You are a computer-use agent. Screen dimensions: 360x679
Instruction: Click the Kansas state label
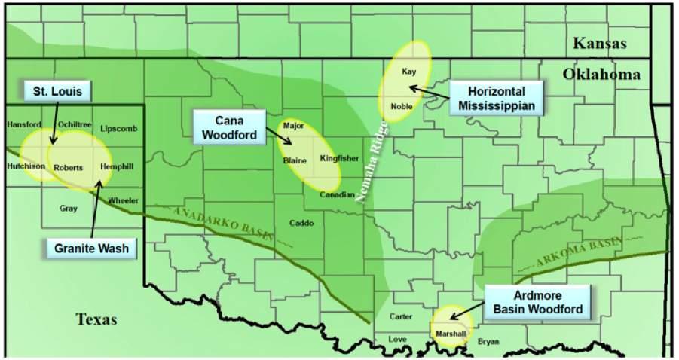tap(600, 44)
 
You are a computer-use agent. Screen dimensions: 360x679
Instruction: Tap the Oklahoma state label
tap(601, 75)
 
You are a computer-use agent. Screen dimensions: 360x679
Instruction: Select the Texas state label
tap(96, 320)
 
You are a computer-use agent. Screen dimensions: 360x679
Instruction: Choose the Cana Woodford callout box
tap(230, 127)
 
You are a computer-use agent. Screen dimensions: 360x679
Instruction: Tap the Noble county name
tap(402, 106)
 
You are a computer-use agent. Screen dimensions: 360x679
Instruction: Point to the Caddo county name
tap(301, 223)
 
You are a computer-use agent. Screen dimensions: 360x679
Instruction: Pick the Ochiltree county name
tap(74, 124)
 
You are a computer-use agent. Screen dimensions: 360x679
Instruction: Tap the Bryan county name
tap(488, 342)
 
